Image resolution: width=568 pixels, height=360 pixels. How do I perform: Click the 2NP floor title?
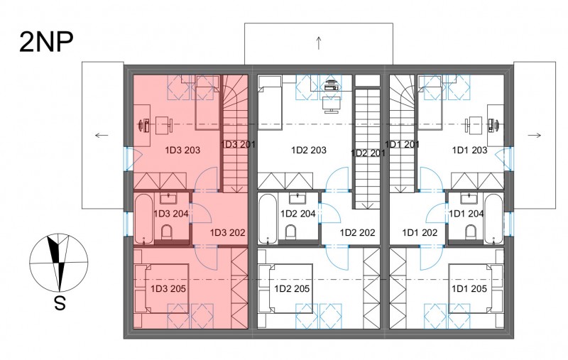click(x=46, y=42)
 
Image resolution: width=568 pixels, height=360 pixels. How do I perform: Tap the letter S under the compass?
click(x=60, y=302)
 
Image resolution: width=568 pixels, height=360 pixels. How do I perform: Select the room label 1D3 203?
click(x=182, y=150)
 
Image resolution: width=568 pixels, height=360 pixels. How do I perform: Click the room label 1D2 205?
click(x=292, y=289)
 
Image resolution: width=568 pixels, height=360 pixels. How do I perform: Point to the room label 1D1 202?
click(x=420, y=232)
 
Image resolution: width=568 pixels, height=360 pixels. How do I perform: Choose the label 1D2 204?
click(x=297, y=214)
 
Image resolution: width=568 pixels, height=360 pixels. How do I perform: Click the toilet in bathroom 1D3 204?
click(x=167, y=231)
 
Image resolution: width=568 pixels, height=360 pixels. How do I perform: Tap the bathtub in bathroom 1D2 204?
click(x=268, y=219)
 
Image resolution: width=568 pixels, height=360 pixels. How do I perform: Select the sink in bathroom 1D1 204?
click(x=469, y=198)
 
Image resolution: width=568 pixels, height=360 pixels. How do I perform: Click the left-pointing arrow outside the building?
click(x=102, y=136)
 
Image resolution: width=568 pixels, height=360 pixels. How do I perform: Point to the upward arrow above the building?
click(x=319, y=43)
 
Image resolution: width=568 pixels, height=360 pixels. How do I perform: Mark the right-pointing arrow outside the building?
click(x=535, y=136)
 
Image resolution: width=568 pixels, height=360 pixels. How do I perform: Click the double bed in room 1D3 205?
click(x=161, y=288)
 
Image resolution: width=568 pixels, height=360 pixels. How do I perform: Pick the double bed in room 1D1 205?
click(x=476, y=288)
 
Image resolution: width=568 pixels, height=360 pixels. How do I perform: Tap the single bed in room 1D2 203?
click(x=270, y=102)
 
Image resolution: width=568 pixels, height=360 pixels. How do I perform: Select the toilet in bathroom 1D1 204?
click(x=471, y=231)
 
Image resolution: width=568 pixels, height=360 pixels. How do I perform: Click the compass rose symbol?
click(x=59, y=263)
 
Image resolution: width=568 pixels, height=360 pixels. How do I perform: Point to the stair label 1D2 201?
click(x=368, y=153)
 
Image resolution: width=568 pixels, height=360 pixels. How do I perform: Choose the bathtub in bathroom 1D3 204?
click(x=144, y=219)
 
